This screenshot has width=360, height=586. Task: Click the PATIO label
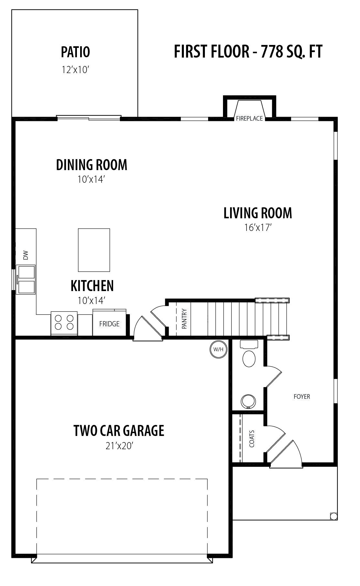click(x=75, y=52)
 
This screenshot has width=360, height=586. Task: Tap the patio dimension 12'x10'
click(x=75, y=70)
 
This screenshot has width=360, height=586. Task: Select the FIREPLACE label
click(x=249, y=118)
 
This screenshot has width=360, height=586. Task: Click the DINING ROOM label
click(x=91, y=165)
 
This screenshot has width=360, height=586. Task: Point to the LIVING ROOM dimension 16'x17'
click(x=258, y=228)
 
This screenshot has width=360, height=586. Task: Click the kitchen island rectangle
click(x=94, y=250)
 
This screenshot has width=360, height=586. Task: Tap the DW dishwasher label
click(x=26, y=255)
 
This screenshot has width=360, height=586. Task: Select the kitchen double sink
click(x=26, y=280)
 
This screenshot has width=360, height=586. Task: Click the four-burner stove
click(x=64, y=323)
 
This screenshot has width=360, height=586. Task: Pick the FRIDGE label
click(x=109, y=324)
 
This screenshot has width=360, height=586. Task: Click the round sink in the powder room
click(x=248, y=401)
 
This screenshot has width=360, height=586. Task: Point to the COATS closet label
click(x=252, y=439)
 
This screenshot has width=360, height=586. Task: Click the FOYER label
click(x=302, y=396)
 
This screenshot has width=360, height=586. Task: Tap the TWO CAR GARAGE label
click(x=119, y=431)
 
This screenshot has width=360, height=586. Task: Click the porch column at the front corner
click(x=334, y=516)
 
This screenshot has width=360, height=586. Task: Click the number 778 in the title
click(x=272, y=51)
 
